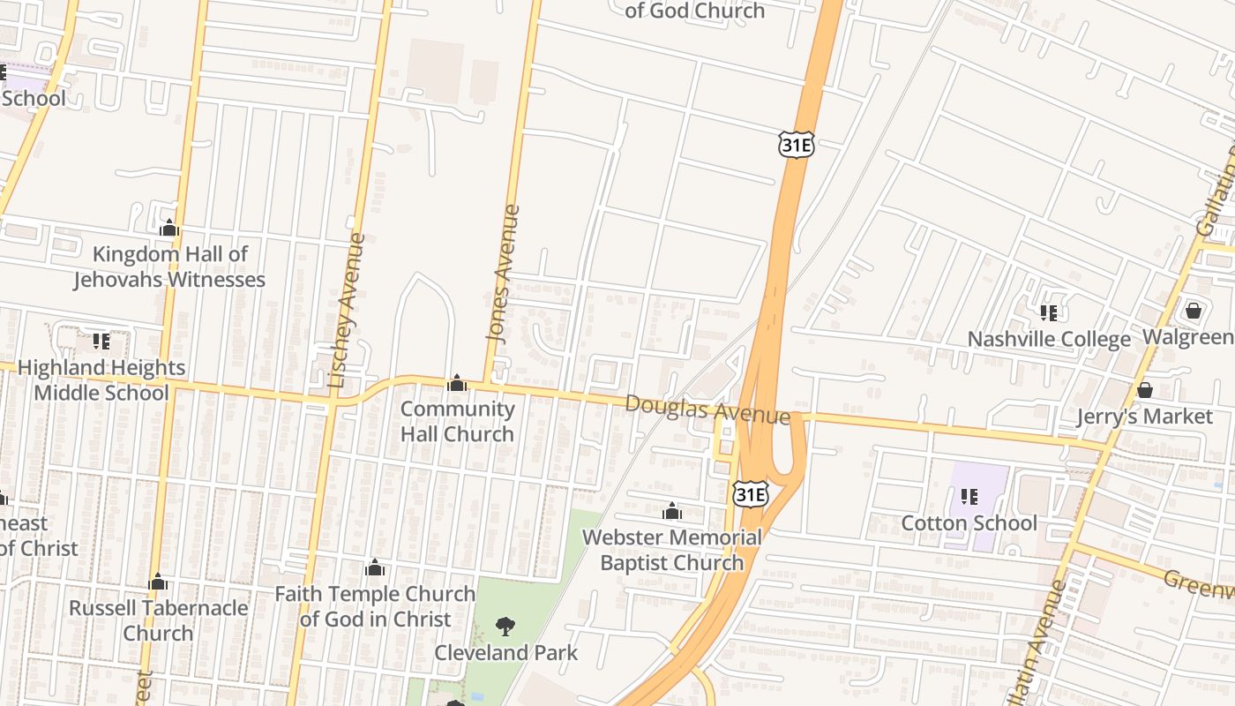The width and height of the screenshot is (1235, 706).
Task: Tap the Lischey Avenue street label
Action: point(345,311)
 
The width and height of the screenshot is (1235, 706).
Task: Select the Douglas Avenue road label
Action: point(707,409)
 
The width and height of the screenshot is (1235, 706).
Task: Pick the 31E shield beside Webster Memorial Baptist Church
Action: point(750,494)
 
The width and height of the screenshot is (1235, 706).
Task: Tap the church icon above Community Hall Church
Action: point(457,383)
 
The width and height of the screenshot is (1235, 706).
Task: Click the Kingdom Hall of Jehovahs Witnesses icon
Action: point(169,229)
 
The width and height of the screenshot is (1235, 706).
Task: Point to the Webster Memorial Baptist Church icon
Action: point(672,512)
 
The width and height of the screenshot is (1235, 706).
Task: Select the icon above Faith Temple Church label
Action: point(375,567)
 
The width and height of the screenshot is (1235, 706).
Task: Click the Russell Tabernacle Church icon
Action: point(158,582)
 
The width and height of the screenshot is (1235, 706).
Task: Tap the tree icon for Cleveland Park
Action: point(505,627)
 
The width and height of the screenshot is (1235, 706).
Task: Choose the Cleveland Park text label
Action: point(506,653)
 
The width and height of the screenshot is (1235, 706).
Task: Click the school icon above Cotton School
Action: point(969,497)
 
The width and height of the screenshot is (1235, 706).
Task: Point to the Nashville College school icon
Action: point(1049,312)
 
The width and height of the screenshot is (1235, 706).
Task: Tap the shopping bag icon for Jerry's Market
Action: point(1145,389)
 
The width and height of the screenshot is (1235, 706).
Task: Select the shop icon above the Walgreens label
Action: point(1194,311)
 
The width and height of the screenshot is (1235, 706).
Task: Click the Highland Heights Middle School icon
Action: point(101,341)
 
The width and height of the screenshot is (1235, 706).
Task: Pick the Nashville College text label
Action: point(1049,339)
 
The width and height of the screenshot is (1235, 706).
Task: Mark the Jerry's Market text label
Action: point(1145,416)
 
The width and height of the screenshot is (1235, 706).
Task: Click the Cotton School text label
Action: point(969,523)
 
